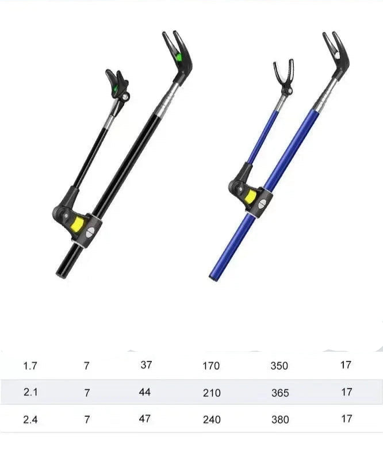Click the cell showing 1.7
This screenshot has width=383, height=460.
tap(29, 366)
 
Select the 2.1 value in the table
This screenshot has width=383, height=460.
tap(29, 393)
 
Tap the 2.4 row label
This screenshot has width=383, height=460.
tap(29, 419)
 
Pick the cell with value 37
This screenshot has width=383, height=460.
tap(145, 365)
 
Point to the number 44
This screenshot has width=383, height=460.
tap(145, 392)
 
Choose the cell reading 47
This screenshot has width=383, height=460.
tap(145, 419)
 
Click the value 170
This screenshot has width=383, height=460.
tap(211, 366)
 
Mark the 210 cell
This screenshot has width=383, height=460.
tap(211, 393)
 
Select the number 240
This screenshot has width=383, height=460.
tap(211, 420)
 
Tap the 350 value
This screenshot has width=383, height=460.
tap(279, 366)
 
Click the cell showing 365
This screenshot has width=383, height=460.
tap(279, 393)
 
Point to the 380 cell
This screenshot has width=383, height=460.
tap(279, 420)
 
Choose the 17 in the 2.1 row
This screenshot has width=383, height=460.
tap(346, 392)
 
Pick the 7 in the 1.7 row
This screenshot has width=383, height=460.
tap(87, 366)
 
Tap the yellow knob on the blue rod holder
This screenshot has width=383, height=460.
tap(251, 197)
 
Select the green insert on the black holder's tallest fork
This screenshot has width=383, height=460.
tap(179, 56)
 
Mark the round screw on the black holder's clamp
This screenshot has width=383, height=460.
tap(90, 232)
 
